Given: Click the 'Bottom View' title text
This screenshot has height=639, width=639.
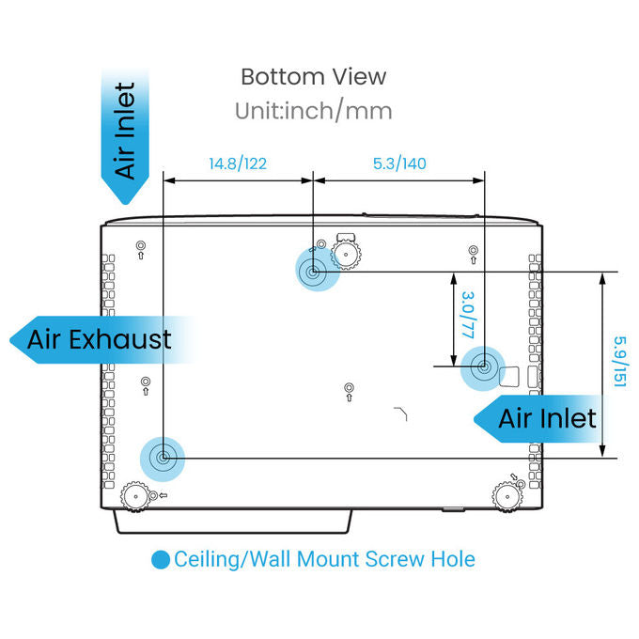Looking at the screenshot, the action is click(313, 77).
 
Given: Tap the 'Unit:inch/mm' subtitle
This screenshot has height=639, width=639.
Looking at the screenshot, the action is click(313, 111).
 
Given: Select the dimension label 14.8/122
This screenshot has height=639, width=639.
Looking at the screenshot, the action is click(238, 164).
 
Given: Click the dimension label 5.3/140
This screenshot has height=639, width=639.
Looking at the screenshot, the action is click(399, 164).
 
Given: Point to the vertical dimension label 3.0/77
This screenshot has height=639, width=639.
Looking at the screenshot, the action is click(468, 315).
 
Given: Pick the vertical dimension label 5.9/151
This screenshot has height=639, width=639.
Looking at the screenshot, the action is click(620, 362).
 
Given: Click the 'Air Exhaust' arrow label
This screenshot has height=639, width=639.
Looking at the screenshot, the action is click(100, 339).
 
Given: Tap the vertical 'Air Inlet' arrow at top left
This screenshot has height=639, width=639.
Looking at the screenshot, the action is click(125, 136).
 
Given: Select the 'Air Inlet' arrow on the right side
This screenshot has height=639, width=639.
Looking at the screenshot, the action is click(538, 418).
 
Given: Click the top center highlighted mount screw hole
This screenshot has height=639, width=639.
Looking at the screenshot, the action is click(313, 272).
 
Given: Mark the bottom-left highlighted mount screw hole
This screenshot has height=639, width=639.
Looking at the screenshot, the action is click(163, 458).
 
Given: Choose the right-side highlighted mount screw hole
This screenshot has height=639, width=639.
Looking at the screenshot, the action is click(483, 366).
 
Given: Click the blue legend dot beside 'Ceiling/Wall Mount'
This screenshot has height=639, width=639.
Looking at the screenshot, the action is click(161, 559).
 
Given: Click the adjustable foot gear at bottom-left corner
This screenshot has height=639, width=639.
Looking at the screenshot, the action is click(134, 496).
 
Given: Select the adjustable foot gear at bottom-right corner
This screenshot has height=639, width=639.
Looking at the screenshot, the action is click(507, 497).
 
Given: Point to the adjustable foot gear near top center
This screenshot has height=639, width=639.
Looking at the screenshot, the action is click(346, 255).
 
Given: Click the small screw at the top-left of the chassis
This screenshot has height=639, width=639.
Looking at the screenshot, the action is click(141, 245).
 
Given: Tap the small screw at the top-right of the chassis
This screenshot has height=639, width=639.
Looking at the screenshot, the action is click(473, 250).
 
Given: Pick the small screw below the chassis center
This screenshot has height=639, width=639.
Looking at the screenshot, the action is click(349, 387).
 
